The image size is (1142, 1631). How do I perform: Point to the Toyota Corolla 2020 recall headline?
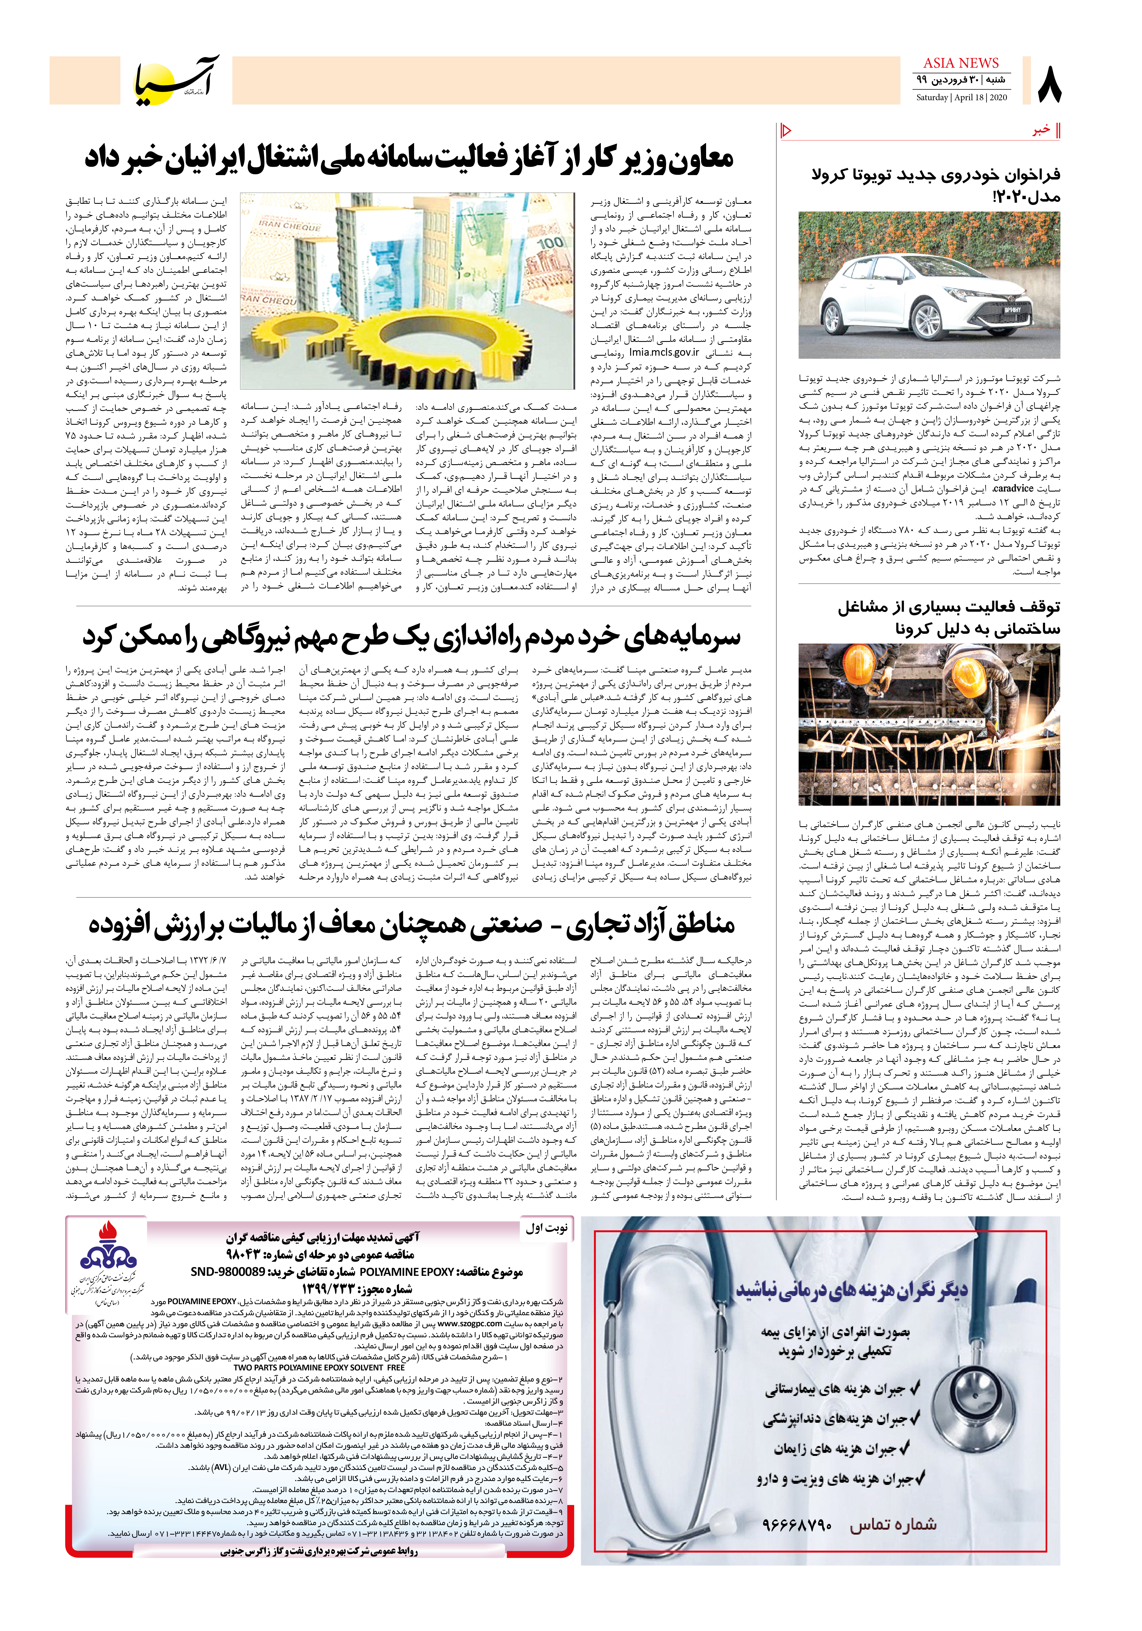935,185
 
